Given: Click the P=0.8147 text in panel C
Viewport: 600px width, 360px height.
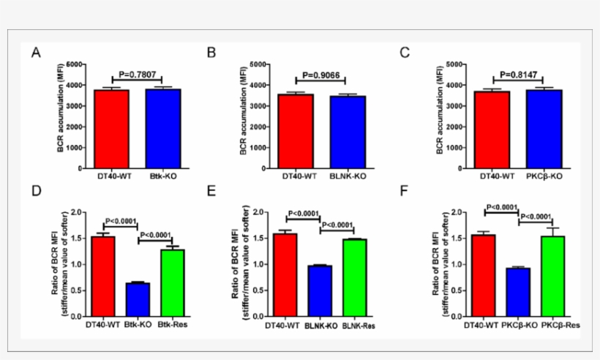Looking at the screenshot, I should (517, 74).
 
